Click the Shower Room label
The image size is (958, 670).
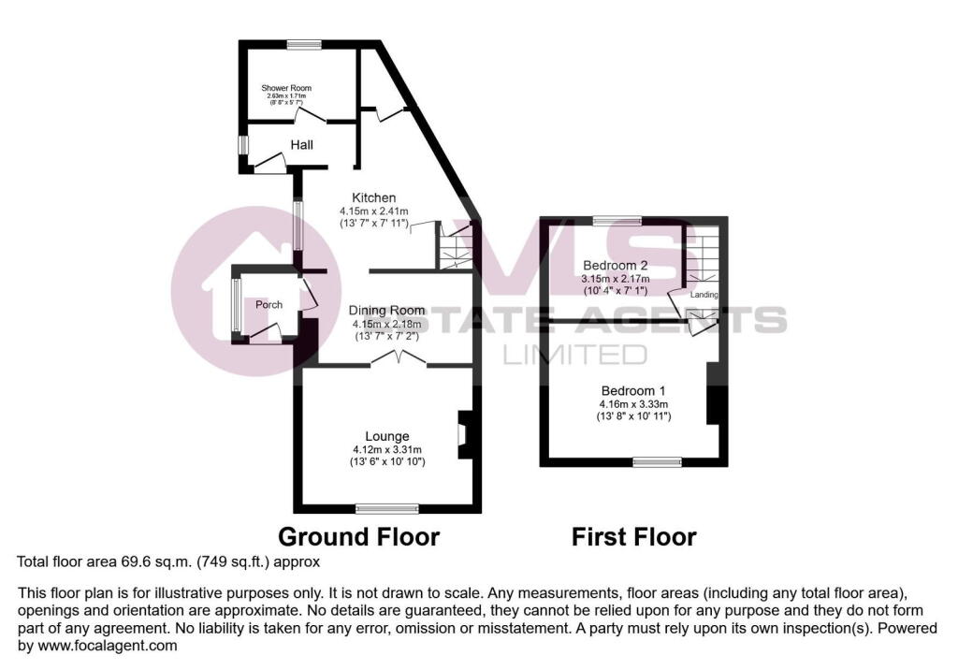pos(286,88)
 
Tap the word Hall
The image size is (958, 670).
pos(301,145)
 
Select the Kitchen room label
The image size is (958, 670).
pos(374,197)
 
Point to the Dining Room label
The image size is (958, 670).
pos(386,311)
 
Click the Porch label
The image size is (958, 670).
pos(269,305)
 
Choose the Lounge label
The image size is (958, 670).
pos(386,436)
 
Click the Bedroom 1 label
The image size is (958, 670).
pos(631,390)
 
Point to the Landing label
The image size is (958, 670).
pos(704,295)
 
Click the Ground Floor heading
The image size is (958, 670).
pos(359,537)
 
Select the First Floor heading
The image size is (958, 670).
pos(633,537)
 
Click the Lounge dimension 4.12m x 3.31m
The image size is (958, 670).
pos(386,449)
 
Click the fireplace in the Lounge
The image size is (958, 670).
pos(464,435)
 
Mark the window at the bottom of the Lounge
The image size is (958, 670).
pos(385,508)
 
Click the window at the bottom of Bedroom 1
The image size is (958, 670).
pos(657,460)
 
